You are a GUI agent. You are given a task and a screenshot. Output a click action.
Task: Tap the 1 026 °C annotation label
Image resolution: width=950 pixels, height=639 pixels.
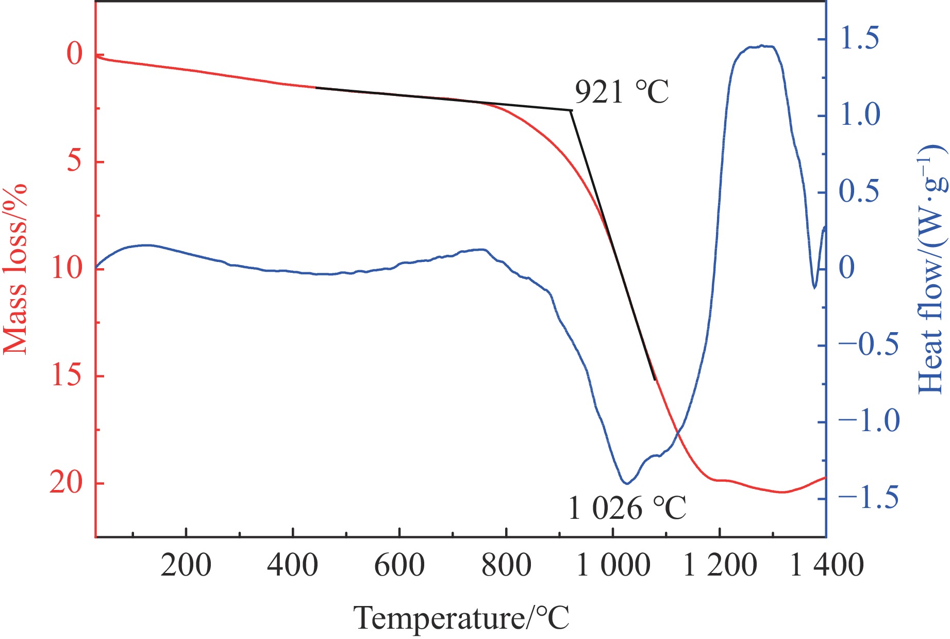click(627, 508)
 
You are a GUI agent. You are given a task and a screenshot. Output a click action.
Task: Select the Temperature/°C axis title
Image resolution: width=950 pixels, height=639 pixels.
click(462, 618)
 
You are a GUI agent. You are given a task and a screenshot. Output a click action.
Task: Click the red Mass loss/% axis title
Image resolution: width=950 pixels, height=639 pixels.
click(15, 268)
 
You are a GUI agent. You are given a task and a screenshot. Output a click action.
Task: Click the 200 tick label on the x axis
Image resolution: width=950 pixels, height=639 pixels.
click(186, 565)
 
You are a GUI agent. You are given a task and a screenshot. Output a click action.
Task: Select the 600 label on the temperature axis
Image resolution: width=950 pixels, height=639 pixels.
click(399, 565)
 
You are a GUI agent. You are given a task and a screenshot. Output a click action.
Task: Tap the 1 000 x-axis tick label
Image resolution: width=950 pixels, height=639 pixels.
click(613, 565)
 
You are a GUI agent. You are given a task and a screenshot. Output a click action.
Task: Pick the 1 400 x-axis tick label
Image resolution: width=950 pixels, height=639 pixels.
click(827, 565)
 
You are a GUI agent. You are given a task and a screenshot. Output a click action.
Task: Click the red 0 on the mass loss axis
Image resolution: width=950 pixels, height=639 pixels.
click(75, 54)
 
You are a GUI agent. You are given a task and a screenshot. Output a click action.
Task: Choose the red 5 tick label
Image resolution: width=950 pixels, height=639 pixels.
click(75, 161)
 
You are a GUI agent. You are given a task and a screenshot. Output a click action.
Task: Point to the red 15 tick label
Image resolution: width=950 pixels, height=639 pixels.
click(67, 376)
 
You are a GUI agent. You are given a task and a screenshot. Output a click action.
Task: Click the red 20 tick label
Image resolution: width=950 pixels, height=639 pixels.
click(67, 483)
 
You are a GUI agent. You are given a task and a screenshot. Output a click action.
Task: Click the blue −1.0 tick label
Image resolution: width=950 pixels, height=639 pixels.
click(869, 421)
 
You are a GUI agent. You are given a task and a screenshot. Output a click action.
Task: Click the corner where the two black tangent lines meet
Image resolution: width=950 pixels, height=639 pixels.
click(570, 110)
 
